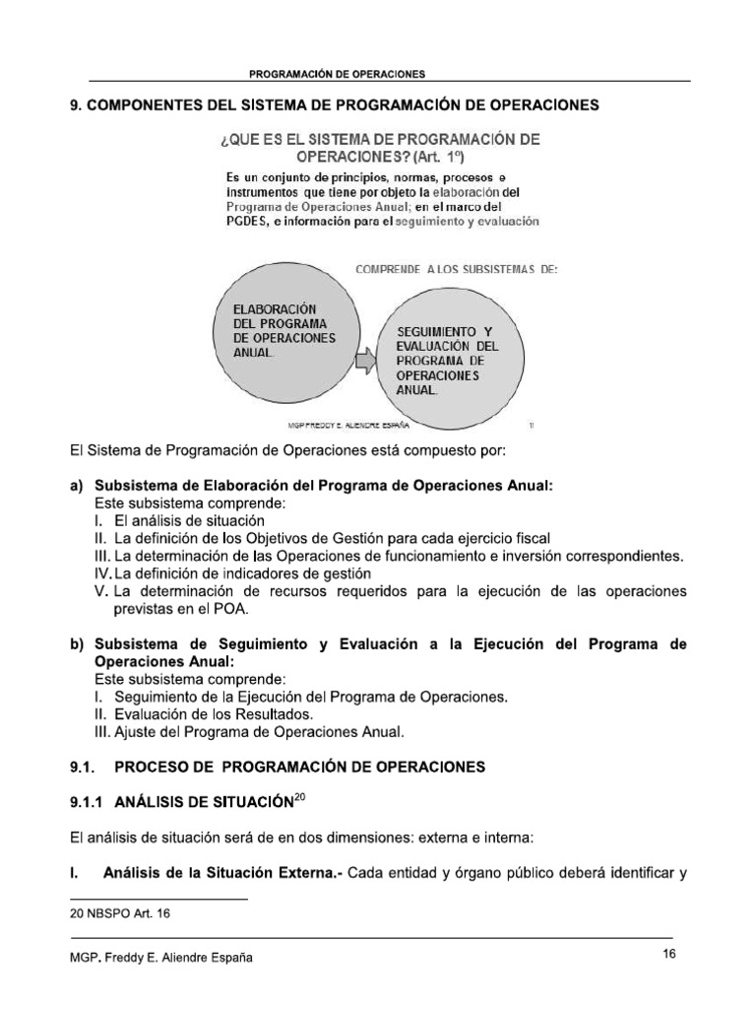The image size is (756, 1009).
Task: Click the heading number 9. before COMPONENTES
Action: [75, 106]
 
